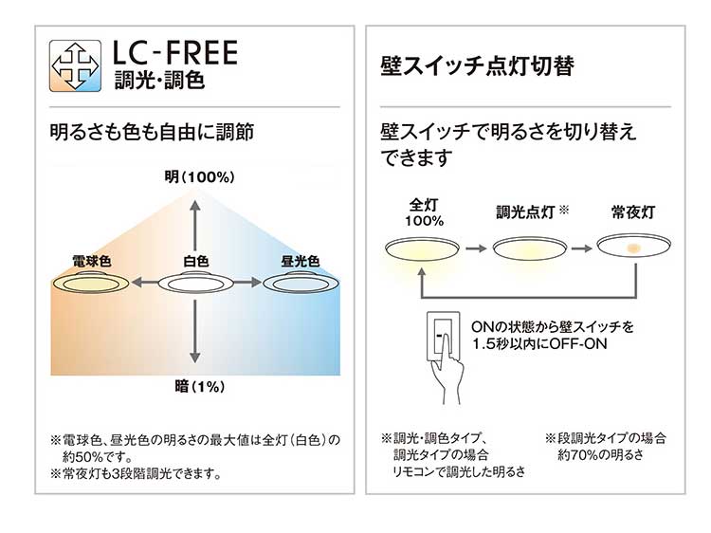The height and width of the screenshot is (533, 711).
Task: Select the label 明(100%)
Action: (x=197, y=177)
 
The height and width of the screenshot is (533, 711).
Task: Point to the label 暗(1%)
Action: (x=196, y=387)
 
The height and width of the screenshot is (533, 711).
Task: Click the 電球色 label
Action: (x=91, y=260)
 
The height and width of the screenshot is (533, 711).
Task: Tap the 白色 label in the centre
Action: (x=196, y=260)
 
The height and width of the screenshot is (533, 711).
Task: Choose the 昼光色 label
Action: (x=301, y=260)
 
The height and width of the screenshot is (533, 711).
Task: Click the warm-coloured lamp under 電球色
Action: (x=91, y=282)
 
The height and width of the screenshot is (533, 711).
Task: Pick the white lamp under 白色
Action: (x=196, y=282)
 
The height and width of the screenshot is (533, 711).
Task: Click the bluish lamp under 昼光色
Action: (x=301, y=282)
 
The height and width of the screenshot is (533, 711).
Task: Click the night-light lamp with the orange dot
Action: (x=632, y=248)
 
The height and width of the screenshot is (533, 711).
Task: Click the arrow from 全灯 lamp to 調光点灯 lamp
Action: (x=477, y=248)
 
